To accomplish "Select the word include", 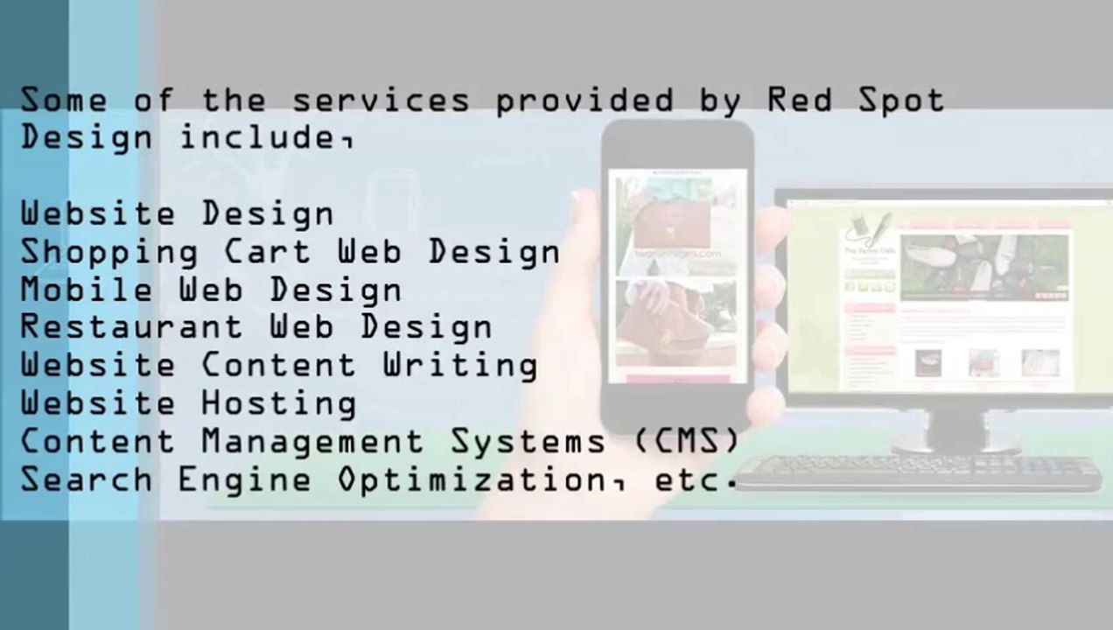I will [x=262, y=137].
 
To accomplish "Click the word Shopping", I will [x=108, y=253].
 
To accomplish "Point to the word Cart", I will [x=267, y=252].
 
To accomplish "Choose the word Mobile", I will [x=87, y=290].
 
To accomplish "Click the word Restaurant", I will [x=131, y=327].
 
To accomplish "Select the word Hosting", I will [x=278, y=404].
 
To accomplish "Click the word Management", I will [x=312, y=442].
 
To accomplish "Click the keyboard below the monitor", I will [x=919, y=472].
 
